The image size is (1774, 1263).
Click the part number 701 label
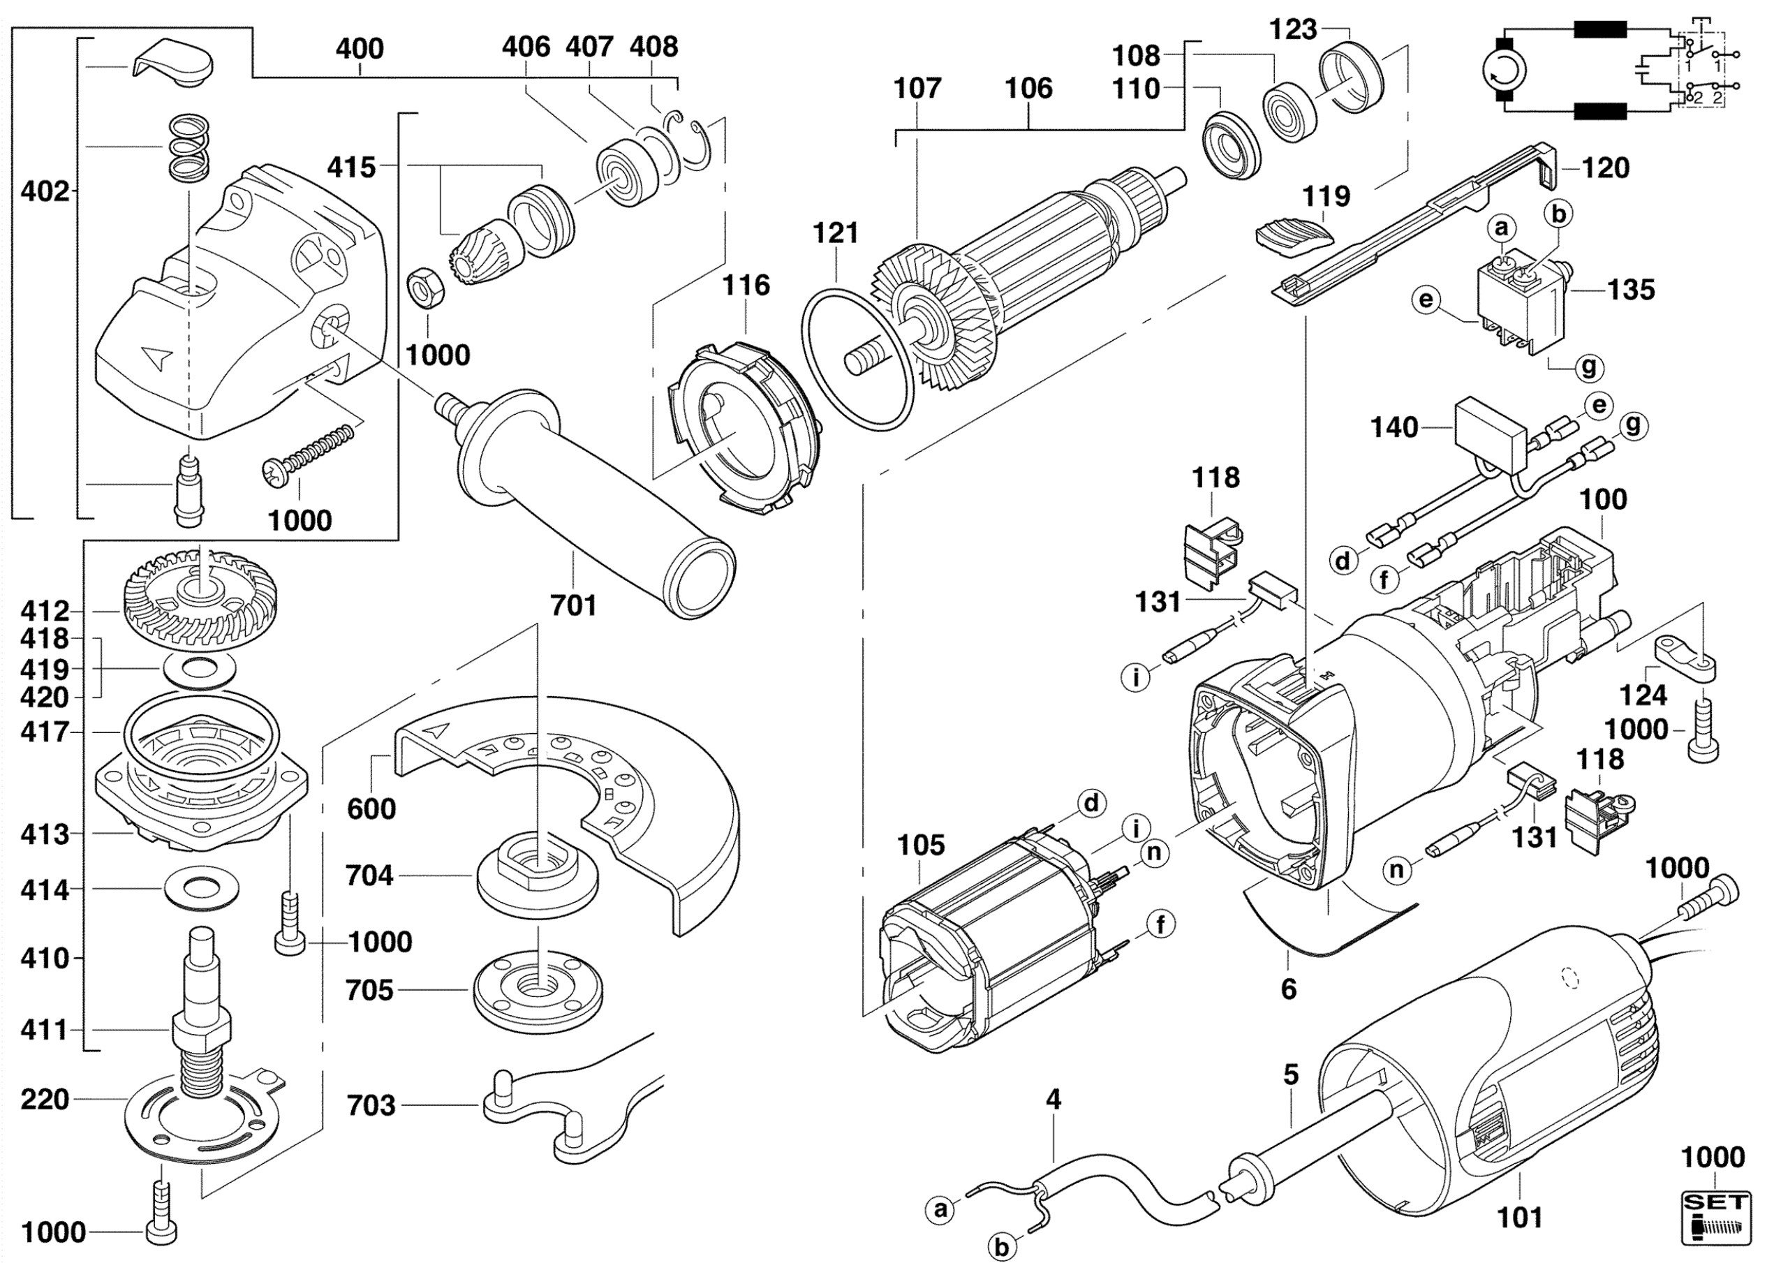[x=573, y=605]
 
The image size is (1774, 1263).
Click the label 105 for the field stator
[x=921, y=845]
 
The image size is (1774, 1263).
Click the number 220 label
[x=45, y=1100]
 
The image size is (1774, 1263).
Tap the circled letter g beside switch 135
[x=1588, y=367]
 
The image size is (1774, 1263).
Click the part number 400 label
[x=360, y=49]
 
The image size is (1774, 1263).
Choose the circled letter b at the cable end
[x=1002, y=1248]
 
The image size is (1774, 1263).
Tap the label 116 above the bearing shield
[x=746, y=286]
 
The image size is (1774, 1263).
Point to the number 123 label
[x=1294, y=29]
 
